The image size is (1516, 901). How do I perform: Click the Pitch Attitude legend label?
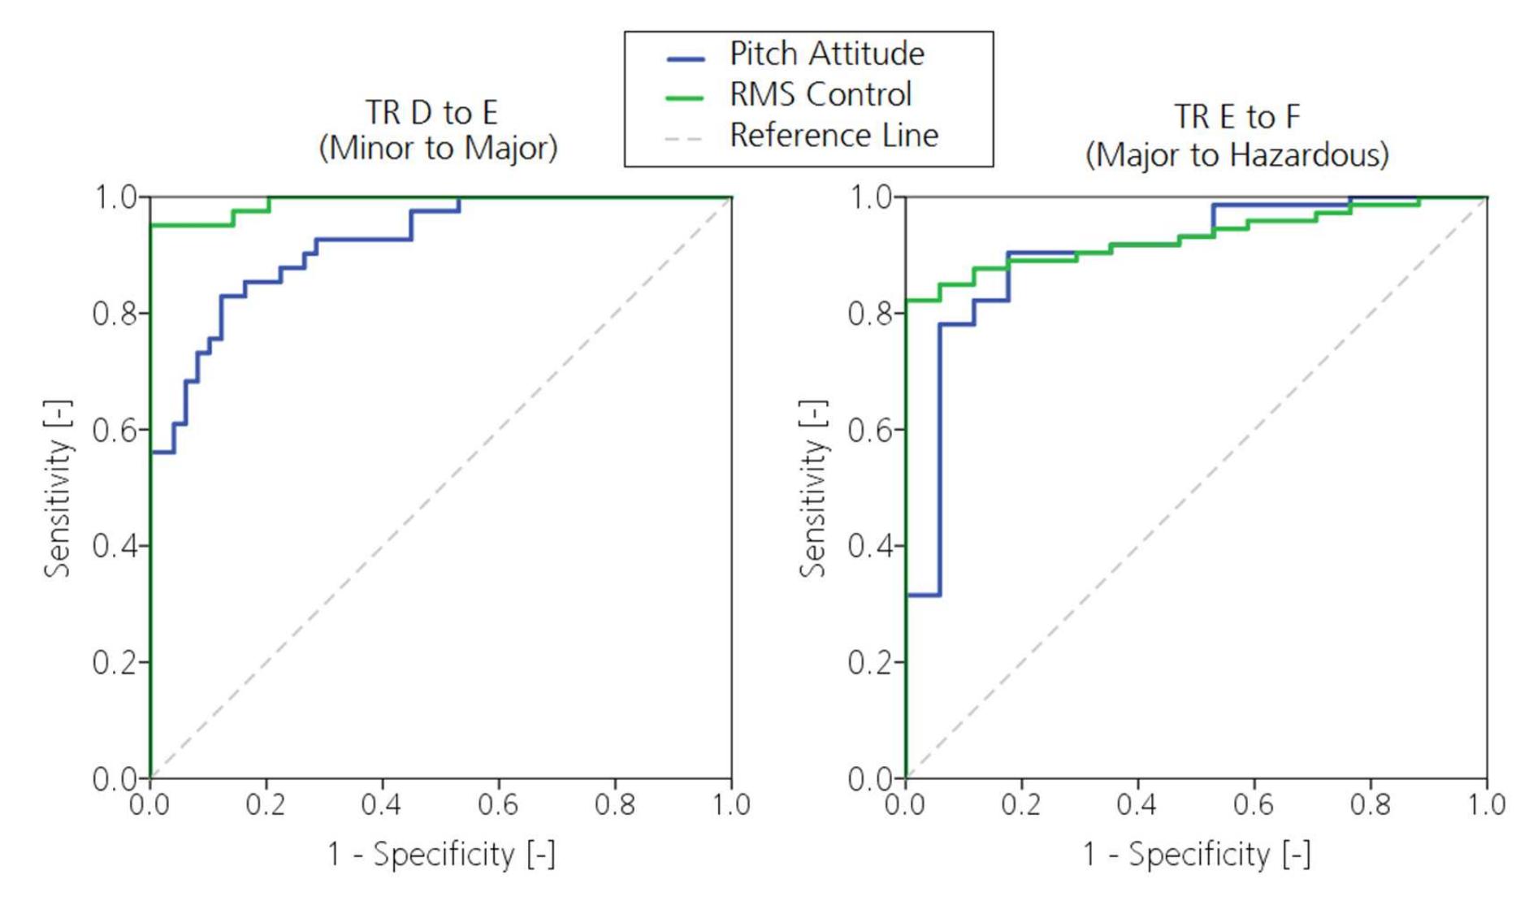[x=826, y=54]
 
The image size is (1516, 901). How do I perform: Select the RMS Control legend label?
[x=821, y=95]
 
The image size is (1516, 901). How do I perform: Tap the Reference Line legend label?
[x=834, y=136]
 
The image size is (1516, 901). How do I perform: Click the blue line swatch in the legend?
[x=685, y=58]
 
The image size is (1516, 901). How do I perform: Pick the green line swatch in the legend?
[x=685, y=98]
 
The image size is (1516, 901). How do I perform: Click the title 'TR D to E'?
[x=431, y=113]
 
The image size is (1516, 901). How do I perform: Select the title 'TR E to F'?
[x=1237, y=117]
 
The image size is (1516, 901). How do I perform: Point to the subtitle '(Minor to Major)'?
[x=438, y=149]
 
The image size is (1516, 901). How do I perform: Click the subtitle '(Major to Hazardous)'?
[x=1237, y=154]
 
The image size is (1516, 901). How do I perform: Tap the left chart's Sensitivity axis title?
[x=58, y=488]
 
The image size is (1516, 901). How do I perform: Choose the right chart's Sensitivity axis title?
[x=813, y=488]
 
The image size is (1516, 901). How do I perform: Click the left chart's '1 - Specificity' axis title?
[x=441, y=855]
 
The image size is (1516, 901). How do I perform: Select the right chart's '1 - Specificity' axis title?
[x=1196, y=855]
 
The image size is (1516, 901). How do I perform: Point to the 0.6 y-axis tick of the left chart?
[x=115, y=430]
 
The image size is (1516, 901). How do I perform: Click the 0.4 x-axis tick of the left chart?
[x=382, y=804]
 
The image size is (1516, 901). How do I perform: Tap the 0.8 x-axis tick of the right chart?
[x=1370, y=804]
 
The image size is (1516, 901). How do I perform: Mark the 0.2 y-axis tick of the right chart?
[x=870, y=663]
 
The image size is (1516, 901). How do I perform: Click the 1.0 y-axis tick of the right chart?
[x=870, y=197]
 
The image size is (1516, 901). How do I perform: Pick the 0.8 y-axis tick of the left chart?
[x=115, y=314]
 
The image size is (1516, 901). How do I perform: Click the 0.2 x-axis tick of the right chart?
[x=1020, y=804]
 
